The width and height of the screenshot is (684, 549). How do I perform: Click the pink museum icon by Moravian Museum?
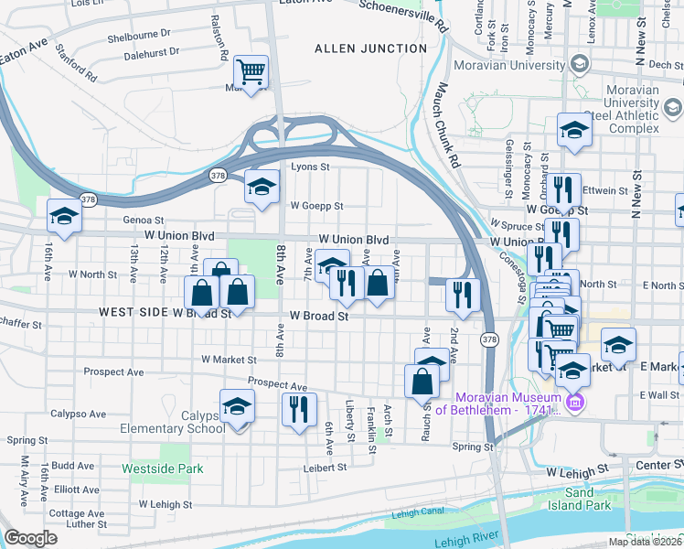tap(575, 403)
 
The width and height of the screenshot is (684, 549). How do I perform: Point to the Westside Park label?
tap(162, 468)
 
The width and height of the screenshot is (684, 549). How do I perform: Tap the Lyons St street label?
tap(309, 167)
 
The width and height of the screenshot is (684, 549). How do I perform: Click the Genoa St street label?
tap(144, 221)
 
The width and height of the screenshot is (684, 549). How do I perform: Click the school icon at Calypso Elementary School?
tap(237, 405)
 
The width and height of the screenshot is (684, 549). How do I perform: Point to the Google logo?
tap(30, 538)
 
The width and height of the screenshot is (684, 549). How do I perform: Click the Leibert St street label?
tap(326, 468)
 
